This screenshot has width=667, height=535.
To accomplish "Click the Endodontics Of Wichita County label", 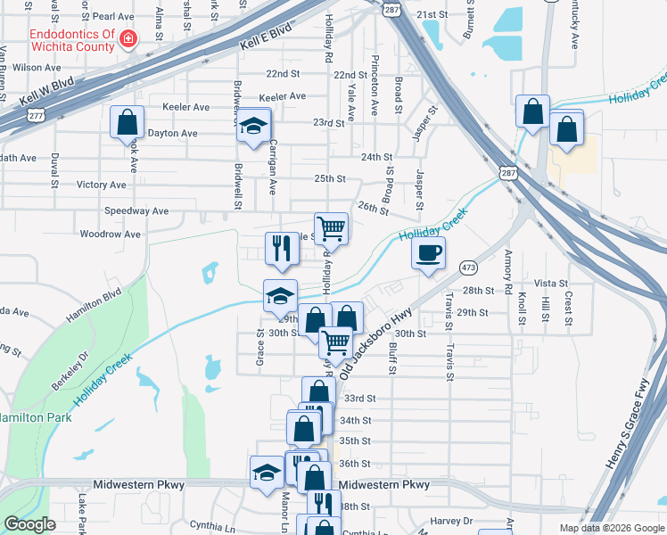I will coord(72,39).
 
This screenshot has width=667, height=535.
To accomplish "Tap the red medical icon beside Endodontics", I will coord(129,39).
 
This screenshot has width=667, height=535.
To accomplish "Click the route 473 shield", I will coord(467,267).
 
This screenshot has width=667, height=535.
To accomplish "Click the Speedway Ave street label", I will coord(136,211).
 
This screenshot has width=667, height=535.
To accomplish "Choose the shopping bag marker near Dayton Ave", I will coord(127,121).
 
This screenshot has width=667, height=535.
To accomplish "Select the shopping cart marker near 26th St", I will coord(331,227).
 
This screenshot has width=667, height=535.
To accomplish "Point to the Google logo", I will coord(30,524).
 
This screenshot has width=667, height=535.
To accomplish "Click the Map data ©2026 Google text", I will coord(611,528).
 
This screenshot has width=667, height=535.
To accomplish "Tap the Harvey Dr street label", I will coord(450,521).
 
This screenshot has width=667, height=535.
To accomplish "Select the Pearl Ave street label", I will coord(112,16).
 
